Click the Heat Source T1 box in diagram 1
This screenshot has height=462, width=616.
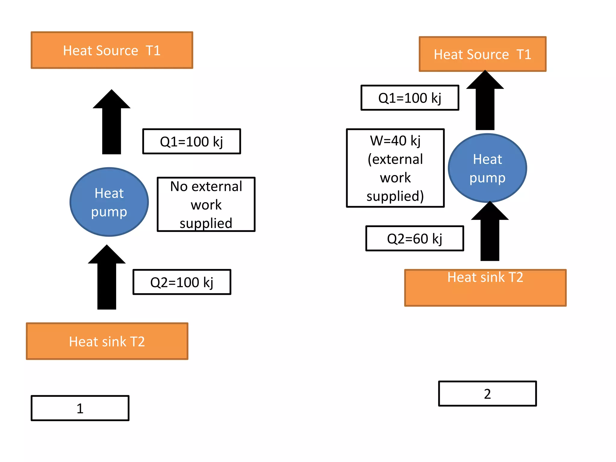[112, 50]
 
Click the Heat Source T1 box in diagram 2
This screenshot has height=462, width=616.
[482, 54]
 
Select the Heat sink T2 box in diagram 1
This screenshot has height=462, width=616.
[107, 341]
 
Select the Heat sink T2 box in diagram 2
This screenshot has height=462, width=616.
[485, 288]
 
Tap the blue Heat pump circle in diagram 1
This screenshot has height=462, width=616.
[109, 202]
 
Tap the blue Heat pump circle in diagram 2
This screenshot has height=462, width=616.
[487, 168]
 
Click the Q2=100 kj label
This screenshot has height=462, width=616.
[182, 282]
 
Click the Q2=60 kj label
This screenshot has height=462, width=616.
[414, 239]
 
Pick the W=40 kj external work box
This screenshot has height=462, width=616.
[395, 168]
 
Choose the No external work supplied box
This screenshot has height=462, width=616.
[206, 205]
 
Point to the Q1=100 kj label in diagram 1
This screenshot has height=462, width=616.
[192, 141]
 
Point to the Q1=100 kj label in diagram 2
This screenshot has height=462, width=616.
[410, 98]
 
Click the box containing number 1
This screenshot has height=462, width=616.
[80, 408]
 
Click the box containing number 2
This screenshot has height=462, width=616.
[487, 394]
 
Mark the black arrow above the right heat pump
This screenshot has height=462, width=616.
[485, 102]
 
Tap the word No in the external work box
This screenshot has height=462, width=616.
[179, 186]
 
